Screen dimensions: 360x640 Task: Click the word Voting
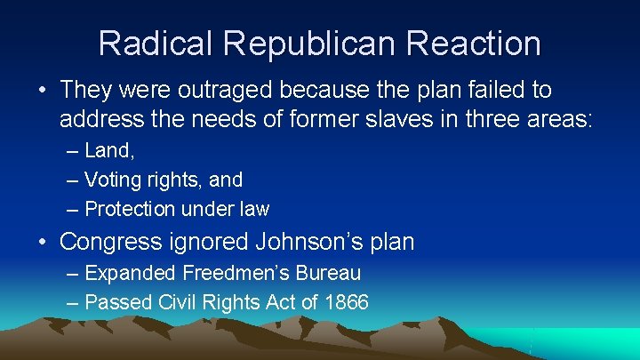(x=112, y=180)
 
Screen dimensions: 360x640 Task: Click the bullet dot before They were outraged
(x=42, y=91)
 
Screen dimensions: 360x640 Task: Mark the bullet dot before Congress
(x=42, y=242)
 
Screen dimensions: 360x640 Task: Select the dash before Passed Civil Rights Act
(x=72, y=303)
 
